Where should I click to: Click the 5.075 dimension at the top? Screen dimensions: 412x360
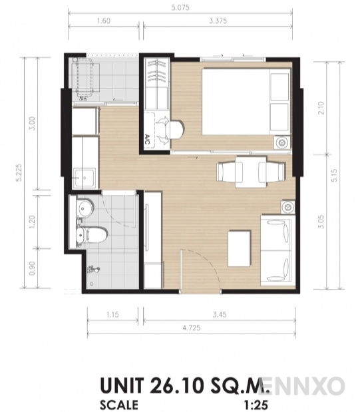(x=180, y=10)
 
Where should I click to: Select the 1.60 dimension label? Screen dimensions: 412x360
(x=102, y=21)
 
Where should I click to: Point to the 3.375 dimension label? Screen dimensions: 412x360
(x=218, y=21)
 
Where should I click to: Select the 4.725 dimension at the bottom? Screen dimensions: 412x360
(x=192, y=328)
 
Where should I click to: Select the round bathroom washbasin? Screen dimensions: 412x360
(x=83, y=208)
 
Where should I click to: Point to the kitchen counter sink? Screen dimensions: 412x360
(x=85, y=177)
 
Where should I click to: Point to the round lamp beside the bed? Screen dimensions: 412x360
(x=281, y=142)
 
